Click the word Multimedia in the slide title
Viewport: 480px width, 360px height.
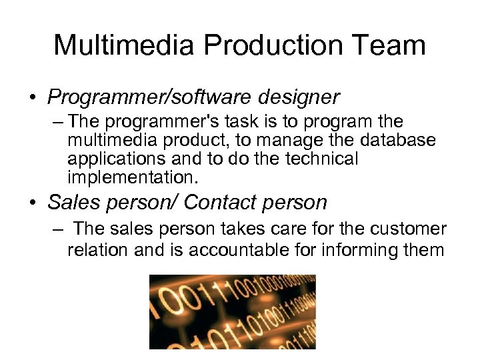123,45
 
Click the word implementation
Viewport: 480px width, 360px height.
131,178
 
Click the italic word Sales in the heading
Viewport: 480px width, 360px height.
73,202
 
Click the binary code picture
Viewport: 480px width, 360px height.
232,312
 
